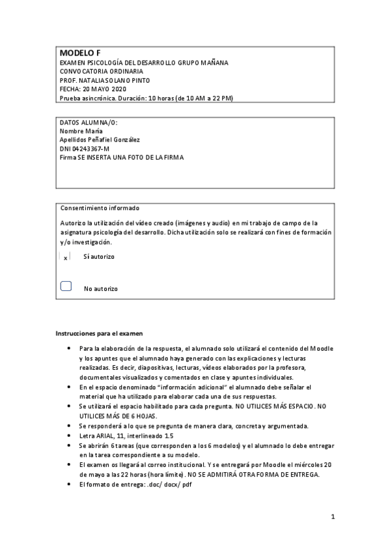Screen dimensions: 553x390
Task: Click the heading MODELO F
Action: pyautogui.click(x=77, y=53)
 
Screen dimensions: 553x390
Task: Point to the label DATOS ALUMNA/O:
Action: pyautogui.click(x=89, y=123)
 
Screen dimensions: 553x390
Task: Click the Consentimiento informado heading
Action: pyautogui.click(x=100, y=208)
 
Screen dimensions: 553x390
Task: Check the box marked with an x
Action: pyautogui.click(x=65, y=257)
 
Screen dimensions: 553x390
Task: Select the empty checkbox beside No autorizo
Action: pyautogui.click(x=65, y=286)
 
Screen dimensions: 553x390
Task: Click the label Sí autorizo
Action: pyautogui.click(x=98, y=257)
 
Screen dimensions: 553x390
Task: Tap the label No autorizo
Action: pyautogui.click(x=100, y=288)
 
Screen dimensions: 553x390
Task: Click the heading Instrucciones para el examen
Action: pyautogui.click(x=94, y=333)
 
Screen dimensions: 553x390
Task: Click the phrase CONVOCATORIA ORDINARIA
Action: pyautogui.click(x=101, y=71)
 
